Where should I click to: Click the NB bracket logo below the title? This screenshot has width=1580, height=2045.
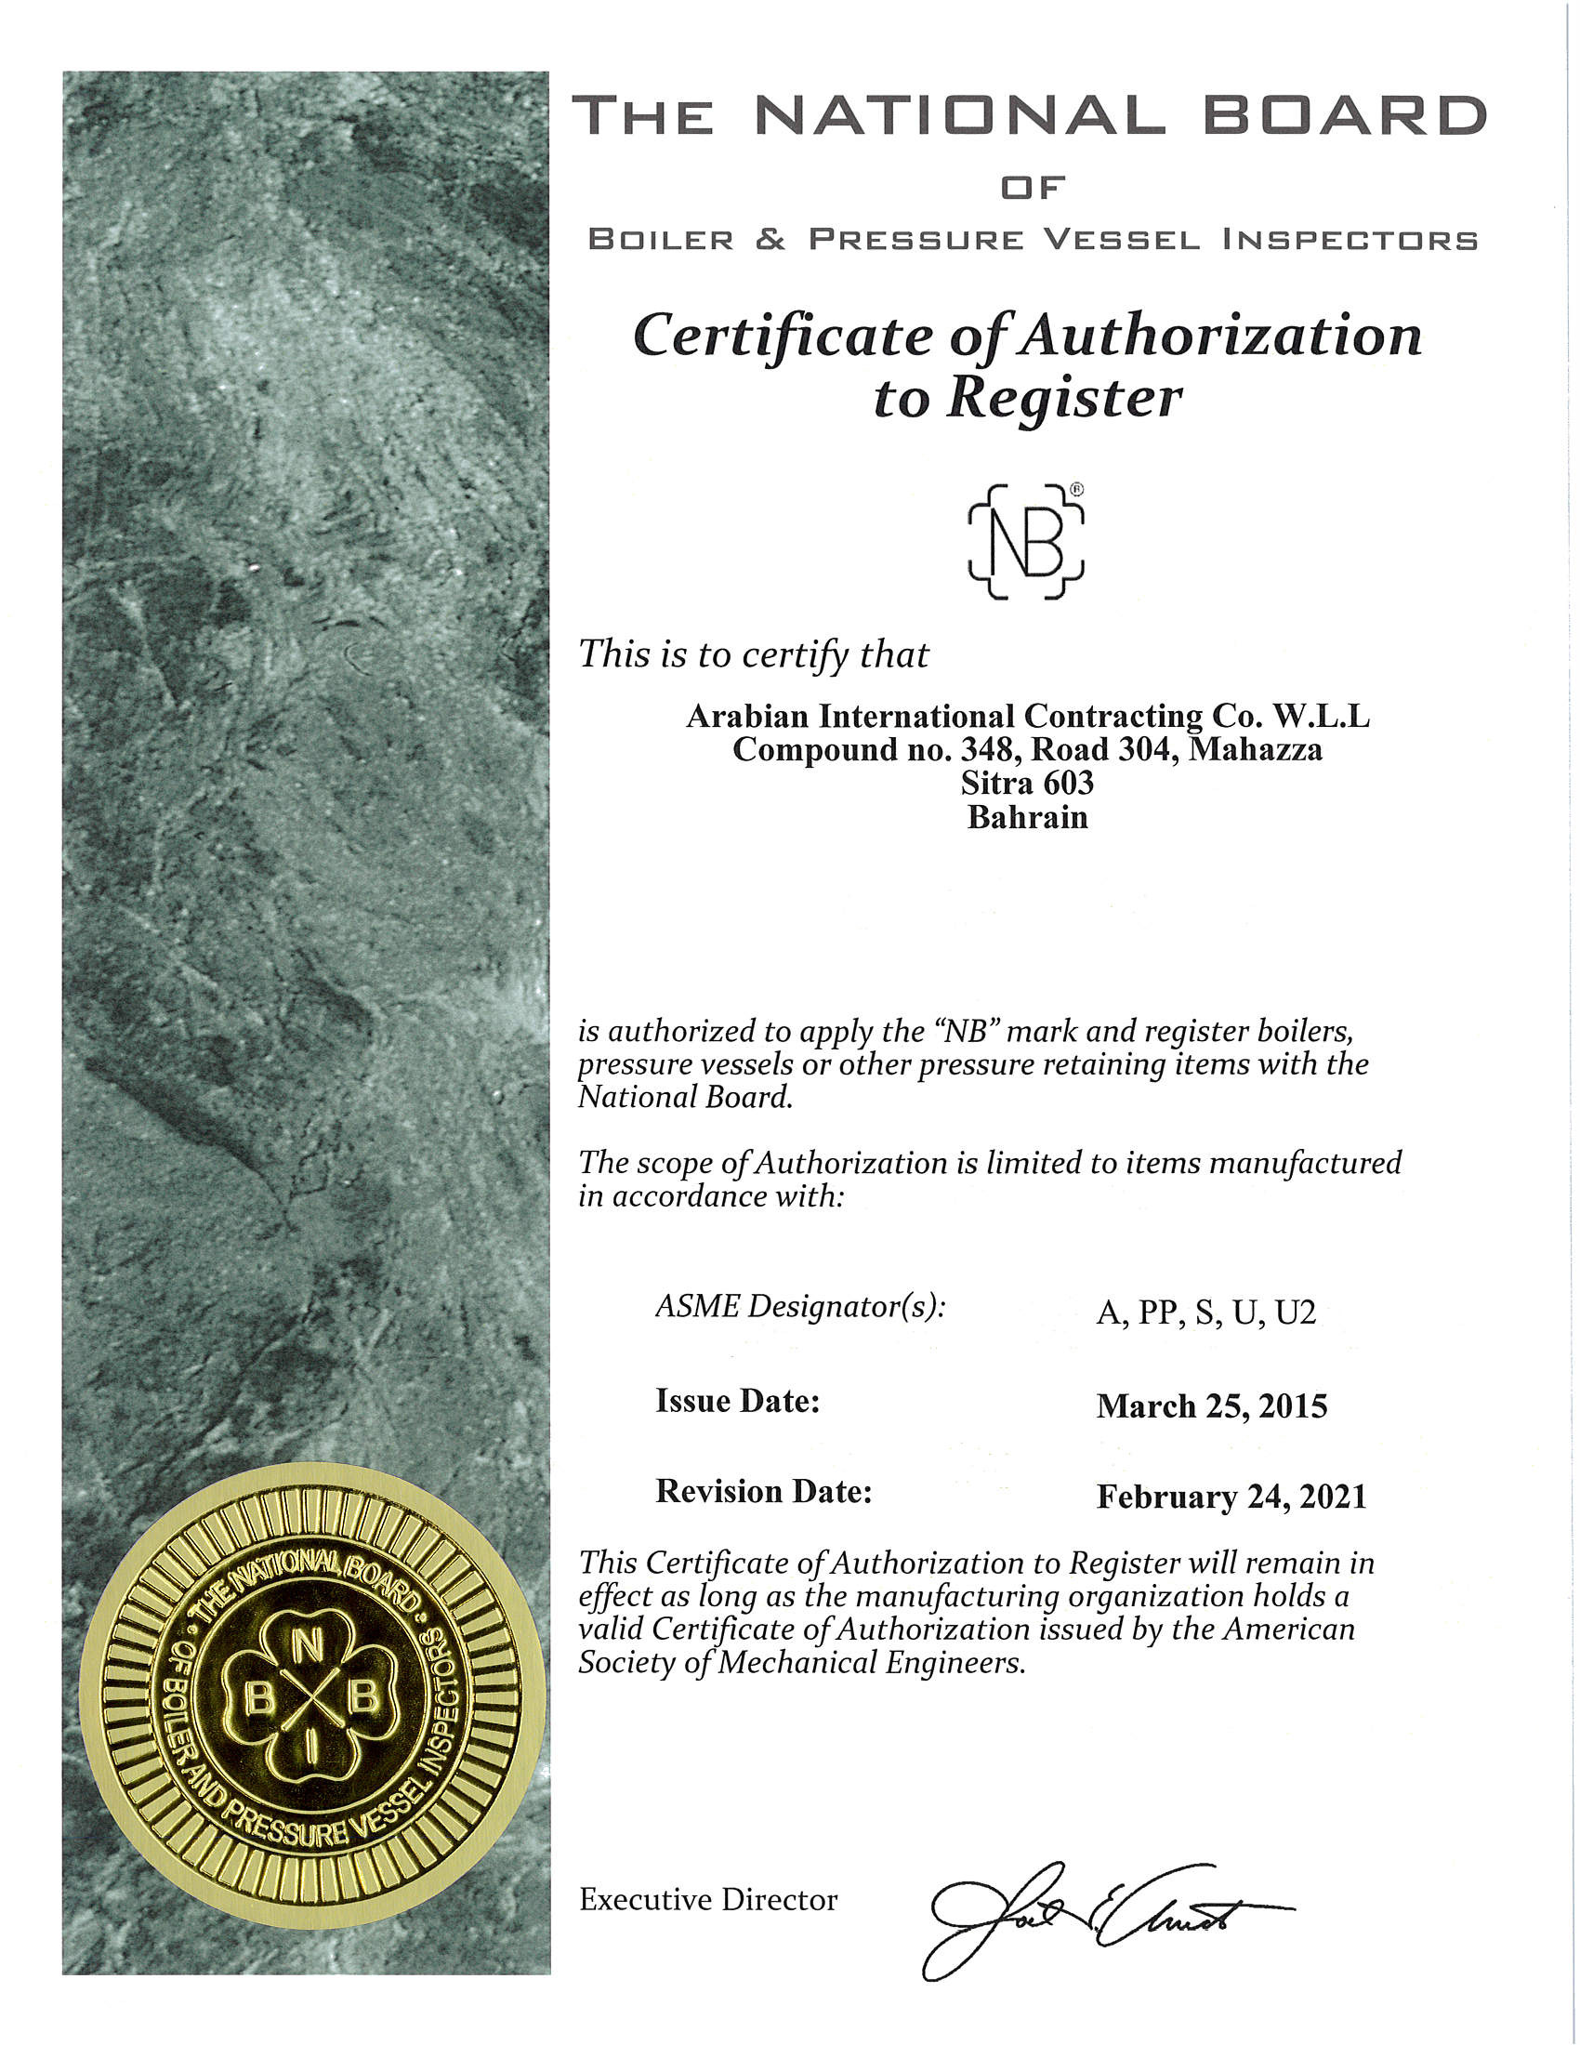(1026, 541)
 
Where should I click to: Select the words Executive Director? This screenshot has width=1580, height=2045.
(708, 1900)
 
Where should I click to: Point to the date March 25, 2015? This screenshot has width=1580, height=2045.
(1211, 1406)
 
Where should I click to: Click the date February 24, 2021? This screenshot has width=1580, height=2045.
(1231, 1497)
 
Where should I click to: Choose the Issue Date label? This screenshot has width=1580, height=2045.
(738, 1401)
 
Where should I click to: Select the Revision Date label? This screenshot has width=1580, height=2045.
(764, 1491)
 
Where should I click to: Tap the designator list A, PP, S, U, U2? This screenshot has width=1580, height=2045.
(1205, 1313)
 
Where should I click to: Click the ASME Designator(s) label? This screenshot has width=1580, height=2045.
(800, 1306)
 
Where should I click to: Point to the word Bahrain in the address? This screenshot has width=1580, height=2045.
(1027, 817)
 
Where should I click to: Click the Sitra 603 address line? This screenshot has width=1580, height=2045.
(1027, 783)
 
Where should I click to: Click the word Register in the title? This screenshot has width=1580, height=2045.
(1063, 399)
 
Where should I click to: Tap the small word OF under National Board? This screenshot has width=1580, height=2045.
(1033, 188)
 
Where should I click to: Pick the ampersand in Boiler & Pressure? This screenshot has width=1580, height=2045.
(770, 240)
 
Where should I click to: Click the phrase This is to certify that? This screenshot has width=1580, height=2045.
(754, 654)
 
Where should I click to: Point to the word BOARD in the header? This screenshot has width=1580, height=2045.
(1343, 116)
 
